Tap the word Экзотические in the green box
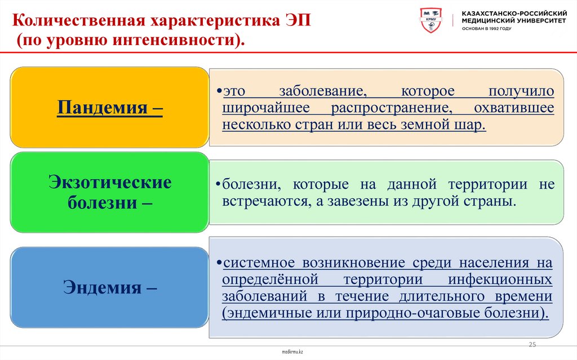(110, 183)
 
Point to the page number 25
(531, 344)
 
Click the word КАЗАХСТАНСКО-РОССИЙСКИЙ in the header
(514, 12)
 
